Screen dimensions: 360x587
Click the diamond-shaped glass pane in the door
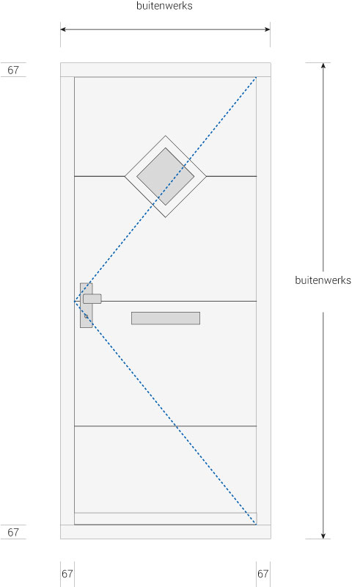click(166, 176)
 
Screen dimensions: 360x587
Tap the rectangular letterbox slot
click(166, 318)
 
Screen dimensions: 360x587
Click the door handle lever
click(92, 299)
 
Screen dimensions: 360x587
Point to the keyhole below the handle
click(86, 317)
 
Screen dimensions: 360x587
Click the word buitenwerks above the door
click(165, 6)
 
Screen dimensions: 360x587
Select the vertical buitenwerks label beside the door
click(323, 280)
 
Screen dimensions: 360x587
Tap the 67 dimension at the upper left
click(13, 70)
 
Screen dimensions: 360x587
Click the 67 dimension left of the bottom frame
click(13, 532)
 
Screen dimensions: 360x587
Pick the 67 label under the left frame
click(67, 574)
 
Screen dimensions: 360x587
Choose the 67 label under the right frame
click(263, 574)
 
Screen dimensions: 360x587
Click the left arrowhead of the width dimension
click(62, 29)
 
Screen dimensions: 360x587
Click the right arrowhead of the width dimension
click(268, 29)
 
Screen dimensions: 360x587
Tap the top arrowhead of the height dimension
click(323, 65)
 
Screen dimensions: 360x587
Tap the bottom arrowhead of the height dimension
click(323, 536)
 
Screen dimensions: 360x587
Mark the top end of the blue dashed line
click(256, 78)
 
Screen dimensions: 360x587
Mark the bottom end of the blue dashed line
click(256, 524)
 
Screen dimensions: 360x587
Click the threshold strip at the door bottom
click(166, 519)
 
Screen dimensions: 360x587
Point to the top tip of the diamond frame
click(166, 136)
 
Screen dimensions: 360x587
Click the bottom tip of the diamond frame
click(166, 217)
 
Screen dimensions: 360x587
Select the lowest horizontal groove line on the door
click(166, 426)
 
